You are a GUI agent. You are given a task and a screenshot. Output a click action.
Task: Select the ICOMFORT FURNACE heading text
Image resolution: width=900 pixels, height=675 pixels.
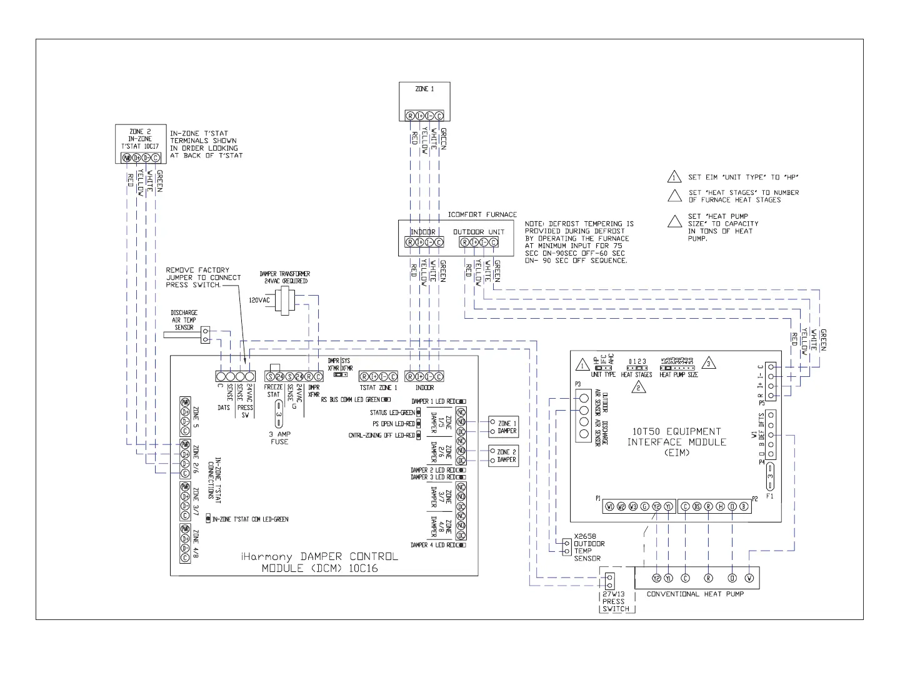click(x=482, y=214)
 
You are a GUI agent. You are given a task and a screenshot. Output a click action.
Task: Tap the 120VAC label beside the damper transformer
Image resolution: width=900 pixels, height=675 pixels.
click(x=259, y=300)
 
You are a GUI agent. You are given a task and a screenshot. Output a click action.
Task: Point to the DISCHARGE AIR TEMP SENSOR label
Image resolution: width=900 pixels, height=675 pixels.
click(x=184, y=320)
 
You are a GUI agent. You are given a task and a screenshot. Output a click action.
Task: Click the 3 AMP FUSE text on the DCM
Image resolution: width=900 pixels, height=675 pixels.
click(x=279, y=437)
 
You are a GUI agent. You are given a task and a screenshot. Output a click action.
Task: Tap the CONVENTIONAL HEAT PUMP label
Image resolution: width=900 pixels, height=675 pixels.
click(x=695, y=594)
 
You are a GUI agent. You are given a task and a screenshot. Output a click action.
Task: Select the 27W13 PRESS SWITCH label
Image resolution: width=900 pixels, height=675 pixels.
click(x=613, y=601)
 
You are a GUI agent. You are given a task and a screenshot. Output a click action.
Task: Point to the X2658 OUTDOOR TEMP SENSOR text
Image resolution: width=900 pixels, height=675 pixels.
click(x=587, y=551)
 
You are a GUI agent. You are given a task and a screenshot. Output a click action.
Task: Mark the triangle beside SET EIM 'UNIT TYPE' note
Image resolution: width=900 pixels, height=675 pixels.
click(x=674, y=177)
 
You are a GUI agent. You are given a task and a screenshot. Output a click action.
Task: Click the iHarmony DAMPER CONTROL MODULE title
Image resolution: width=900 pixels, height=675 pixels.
click(x=319, y=562)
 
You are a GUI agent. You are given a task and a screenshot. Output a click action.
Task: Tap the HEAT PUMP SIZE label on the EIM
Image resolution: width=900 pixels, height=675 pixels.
click(x=678, y=375)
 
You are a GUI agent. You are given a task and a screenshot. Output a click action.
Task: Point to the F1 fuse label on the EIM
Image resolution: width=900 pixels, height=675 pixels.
click(x=769, y=496)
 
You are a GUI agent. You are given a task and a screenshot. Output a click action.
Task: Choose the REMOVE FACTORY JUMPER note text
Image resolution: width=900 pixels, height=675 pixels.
click(x=203, y=277)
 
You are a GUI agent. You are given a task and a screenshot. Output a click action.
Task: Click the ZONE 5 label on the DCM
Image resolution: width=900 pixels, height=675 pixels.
click(x=196, y=413)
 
